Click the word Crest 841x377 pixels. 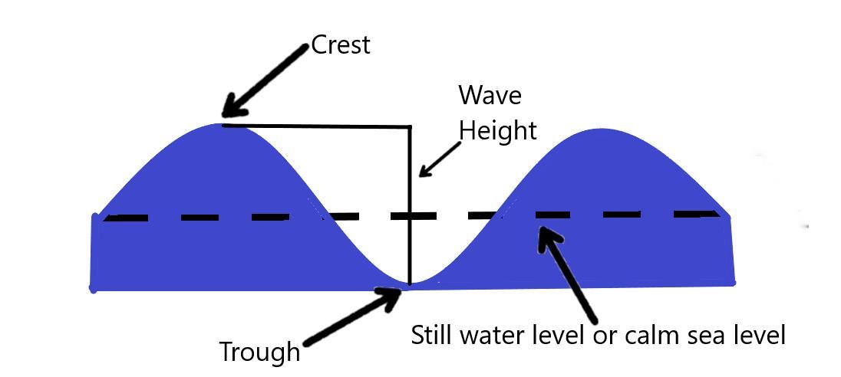(341, 44)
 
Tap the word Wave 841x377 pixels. (490, 96)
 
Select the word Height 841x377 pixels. (497, 130)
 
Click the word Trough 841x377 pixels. (259, 352)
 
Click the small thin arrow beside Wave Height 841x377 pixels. (437, 161)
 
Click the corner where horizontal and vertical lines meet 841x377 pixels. (409, 126)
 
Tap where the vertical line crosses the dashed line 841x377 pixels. (409, 216)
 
